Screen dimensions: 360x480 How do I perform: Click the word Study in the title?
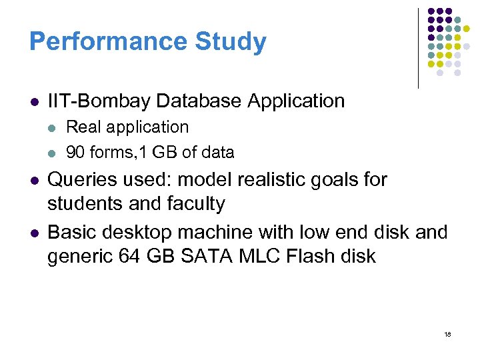231,42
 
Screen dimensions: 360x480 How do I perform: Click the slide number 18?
447,333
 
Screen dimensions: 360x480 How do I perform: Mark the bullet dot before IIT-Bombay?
33,102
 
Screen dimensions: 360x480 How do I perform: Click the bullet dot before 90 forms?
54,153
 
